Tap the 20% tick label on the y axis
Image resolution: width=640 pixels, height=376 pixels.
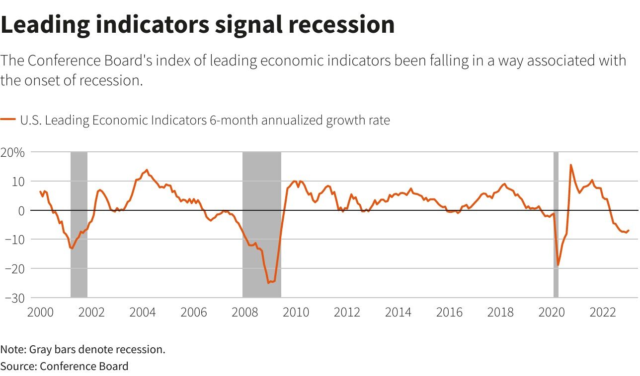[x=12, y=152]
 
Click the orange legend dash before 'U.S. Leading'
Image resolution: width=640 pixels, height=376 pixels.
[x=8, y=120]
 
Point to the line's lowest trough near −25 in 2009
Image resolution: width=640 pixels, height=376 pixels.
[x=268, y=283]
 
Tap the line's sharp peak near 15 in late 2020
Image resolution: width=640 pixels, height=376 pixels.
[x=570, y=165]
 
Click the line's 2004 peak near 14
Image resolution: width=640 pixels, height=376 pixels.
[x=146, y=170]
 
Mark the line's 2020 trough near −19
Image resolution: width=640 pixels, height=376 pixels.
[x=558, y=265]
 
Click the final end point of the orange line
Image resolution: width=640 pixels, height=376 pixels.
[x=629, y=230]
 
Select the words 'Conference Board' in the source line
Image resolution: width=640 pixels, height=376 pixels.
[x=84, y=367]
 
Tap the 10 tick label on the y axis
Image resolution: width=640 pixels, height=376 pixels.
[x=18, y=182]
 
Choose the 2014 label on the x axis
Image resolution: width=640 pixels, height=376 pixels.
[x=399, y=313]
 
